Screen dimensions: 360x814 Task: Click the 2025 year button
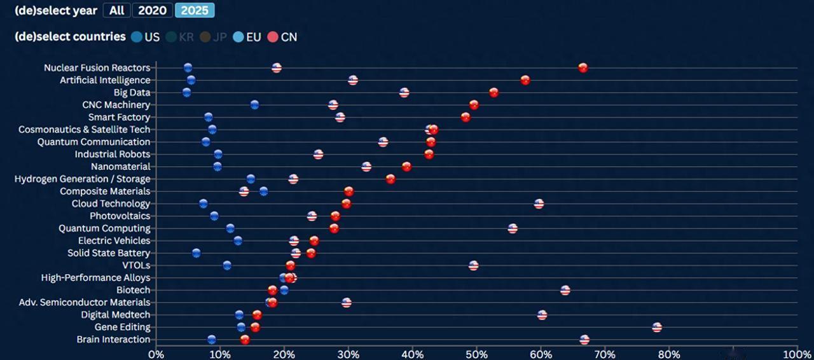click(x=195, y=10)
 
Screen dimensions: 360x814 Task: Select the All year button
click(x=116, y=10)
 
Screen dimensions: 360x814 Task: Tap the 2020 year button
click(x=152, y=10)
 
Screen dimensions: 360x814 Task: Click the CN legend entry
click(x=282, y=37)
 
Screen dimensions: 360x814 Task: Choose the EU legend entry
click(x=247, y=37)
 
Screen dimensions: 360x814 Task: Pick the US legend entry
click(x=145, y=37)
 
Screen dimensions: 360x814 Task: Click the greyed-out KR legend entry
click(x=179, y=37)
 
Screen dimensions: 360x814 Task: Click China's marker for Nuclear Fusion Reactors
click(x=583, y=68)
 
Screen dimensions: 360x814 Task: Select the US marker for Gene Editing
click(x=657, y=328)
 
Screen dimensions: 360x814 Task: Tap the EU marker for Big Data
click(x=186, y=93)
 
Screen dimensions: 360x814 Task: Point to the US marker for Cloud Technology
click(x=539, y=204)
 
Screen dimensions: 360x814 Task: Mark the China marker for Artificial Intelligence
click(x=525, y=80)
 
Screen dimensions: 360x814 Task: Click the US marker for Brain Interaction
click(x=584, y=340)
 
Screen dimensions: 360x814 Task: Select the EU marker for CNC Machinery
click(x=254, y=105)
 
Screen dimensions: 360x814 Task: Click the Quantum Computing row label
click(x=104, y=228)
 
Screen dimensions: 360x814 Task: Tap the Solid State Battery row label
click(x=109, y=253)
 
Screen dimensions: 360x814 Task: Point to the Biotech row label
click(x=134, y=290)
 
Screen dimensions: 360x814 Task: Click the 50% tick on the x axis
click(x=476, y=353)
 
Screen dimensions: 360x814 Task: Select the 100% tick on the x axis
click(x=796, y=353)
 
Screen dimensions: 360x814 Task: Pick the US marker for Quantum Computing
click(x=513, y=229)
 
